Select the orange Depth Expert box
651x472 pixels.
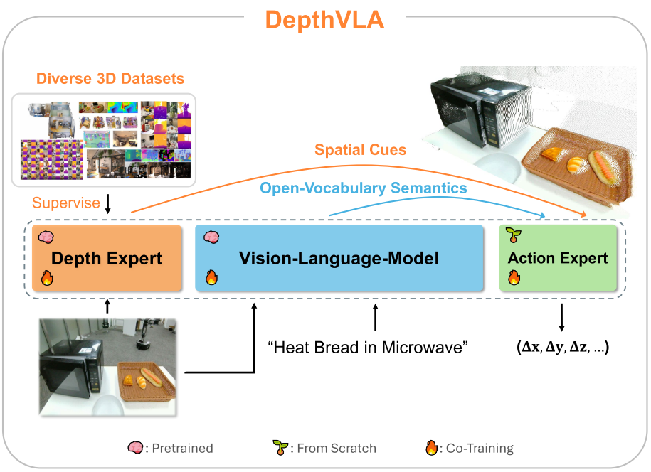(x=107, y=259)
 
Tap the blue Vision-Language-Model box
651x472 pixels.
(x=339, y=259)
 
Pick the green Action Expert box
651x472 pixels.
(x=558, y=259)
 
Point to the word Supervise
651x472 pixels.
(x=66, y=203)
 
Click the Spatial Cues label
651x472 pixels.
(x=361, y=150)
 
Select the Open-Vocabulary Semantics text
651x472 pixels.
(x=364, y=188)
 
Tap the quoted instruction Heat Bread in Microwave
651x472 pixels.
(x=367, y=348)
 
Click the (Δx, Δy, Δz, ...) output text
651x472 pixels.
(x=562, y=348)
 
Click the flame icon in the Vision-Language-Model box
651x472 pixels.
(x=211, y=277)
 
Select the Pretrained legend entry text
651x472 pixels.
(x=181, y=449)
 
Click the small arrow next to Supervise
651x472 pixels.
(x=107, y=204)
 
